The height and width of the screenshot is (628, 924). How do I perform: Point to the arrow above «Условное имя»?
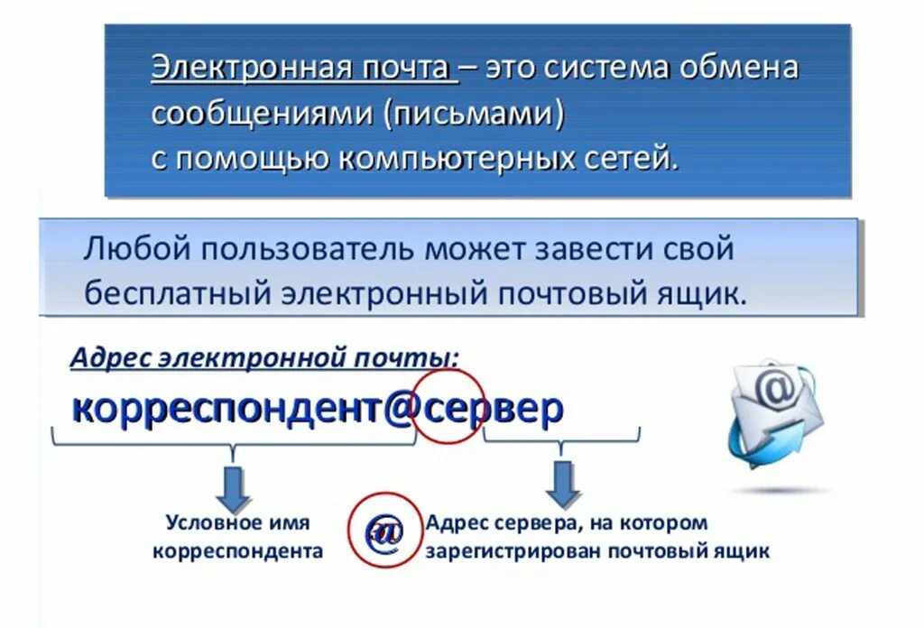(234, 488)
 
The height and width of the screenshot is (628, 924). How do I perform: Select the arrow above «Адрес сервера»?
(563, 484)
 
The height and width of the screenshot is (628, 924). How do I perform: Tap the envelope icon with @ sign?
(775, 408)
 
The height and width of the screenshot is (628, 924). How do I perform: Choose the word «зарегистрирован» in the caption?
(514, 551)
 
